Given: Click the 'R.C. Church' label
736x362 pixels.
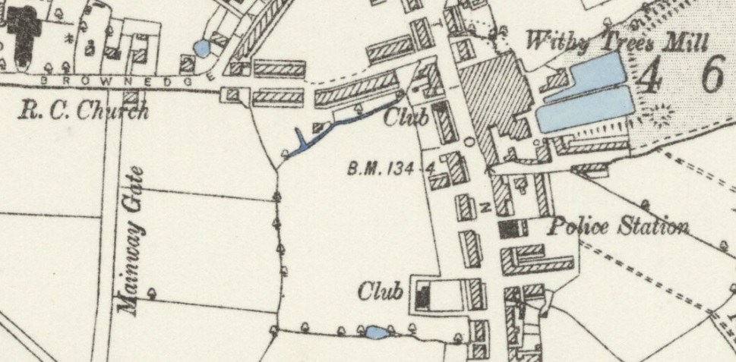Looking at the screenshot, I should coord(84,112).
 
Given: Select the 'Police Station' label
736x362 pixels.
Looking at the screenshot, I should coord(618,225).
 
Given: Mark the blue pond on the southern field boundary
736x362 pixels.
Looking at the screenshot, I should coord(375,332).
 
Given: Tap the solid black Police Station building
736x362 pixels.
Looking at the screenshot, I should coord(513,228).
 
